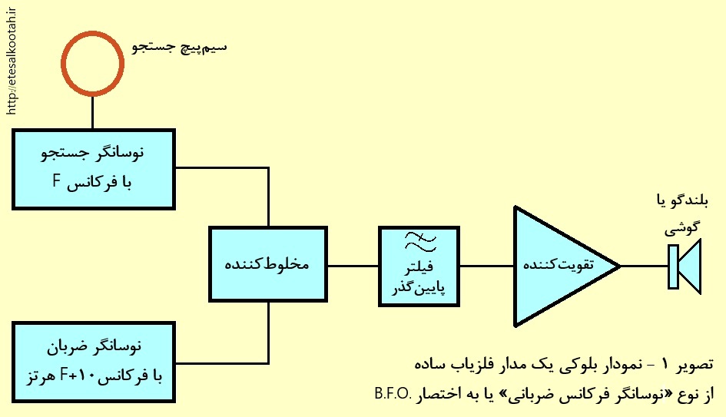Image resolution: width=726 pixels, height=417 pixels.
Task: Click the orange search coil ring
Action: [x=93, y=35]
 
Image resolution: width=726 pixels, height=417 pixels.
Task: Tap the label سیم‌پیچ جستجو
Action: [x=179, y=48]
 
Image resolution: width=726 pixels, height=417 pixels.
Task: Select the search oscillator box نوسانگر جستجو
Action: [x=94, y=170]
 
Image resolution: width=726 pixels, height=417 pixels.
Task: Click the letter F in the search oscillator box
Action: [x=57, y=180]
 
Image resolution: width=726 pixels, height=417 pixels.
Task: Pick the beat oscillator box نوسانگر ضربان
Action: [x=94, y=362]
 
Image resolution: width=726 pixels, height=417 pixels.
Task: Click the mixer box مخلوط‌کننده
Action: [x=268, y=264]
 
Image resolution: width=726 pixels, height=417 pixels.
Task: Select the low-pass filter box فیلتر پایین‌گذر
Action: [x=419, y=266]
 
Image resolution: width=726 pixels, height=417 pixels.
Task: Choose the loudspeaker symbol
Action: [x=685, y=266]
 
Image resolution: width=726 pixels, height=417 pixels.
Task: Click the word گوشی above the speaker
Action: [x=683, y=228]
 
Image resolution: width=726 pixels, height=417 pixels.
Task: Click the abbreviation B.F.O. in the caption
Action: [x=393, y=394]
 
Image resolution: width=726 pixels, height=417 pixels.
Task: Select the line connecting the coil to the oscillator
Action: [x=93, y=112]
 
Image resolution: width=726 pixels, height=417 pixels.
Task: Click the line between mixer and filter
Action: [x=353, y=266]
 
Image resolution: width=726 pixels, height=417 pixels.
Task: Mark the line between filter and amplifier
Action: [x=486, y=266]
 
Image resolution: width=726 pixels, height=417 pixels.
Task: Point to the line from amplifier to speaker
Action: [x=644, y=266]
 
